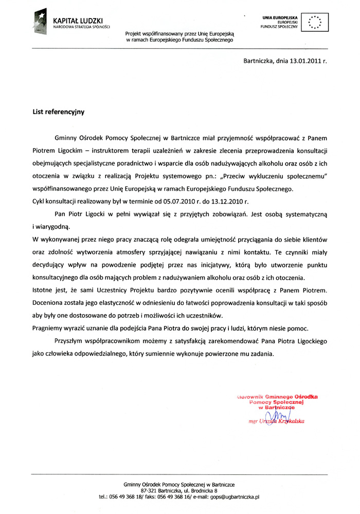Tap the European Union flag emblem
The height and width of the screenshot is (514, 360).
(314, 21)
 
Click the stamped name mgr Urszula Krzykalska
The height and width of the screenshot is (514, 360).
(276, 421)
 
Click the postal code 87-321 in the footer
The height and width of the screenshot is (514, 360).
(156, 491)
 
